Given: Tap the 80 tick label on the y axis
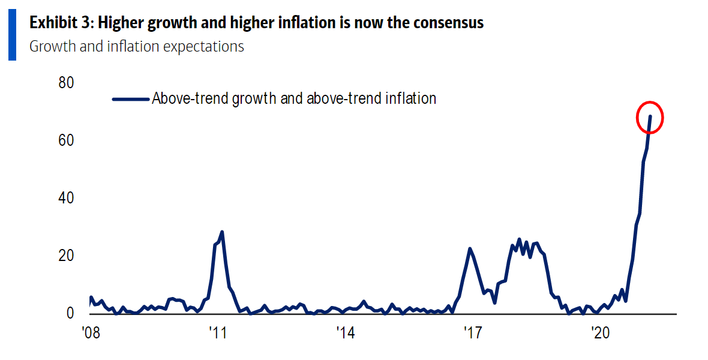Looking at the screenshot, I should pos(66,82).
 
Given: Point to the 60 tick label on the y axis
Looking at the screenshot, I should pos(66,140).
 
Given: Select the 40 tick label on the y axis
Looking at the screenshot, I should pos(66,198).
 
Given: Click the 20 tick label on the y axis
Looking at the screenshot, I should pos(66,256).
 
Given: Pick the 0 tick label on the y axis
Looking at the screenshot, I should pos(70,314).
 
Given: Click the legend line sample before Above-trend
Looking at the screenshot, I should pos(131,99).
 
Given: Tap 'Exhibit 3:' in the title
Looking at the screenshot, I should pos(61,23).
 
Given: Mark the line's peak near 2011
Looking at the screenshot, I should pos(222,232).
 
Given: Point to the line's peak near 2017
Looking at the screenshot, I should pos(470,248).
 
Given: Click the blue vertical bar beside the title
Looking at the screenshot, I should pos(12,34).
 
